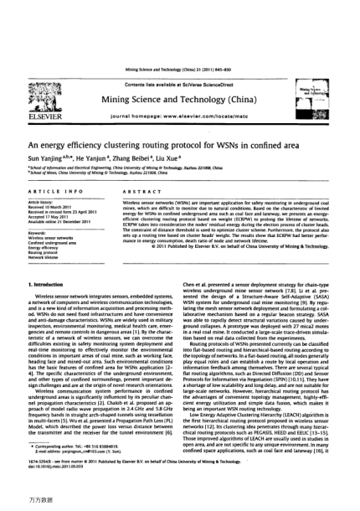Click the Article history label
tap(39, 202)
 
